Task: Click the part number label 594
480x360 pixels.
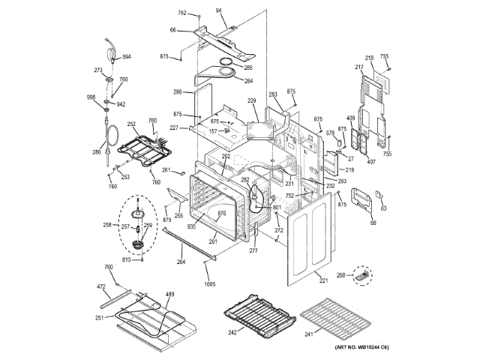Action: [x=127, y=57]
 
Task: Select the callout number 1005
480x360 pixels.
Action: [x=209, y=283]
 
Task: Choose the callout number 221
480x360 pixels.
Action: [x=324, y=281]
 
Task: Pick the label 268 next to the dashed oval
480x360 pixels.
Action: [x=341, y=275]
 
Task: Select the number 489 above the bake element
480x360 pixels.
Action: [x=169, y=294]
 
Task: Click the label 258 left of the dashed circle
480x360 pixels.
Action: [x=107, y=225]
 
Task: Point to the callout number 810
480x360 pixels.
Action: [x=127, y=259]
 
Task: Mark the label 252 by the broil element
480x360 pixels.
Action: [x=130, y=124]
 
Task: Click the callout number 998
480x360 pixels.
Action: [x=91, y=97]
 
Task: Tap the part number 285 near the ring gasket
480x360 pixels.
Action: [x=248, y=67]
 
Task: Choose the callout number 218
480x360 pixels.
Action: [x=369, y=58]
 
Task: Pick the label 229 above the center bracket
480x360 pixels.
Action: [x=252, y=100]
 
